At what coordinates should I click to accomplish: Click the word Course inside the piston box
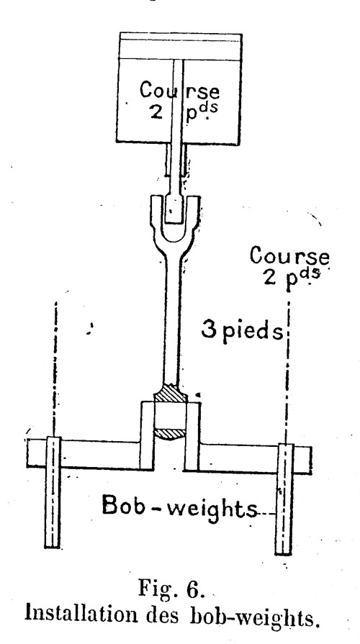click(x=179, y=90)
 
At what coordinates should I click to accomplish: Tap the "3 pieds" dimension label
click(x=242, y=331)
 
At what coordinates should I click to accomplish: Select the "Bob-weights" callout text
click(x=179, y=507)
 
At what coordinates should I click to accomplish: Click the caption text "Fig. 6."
click(x=171, y=589)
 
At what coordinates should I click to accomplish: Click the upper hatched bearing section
click(x=171, y=394)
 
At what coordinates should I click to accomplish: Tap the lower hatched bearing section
click(x=170, y=434)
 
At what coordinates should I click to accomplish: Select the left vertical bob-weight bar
click(x=53, y=492)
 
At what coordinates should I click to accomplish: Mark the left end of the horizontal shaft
click(x=28, y=453)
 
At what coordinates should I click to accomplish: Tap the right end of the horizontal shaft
click(x=310, y=460)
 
